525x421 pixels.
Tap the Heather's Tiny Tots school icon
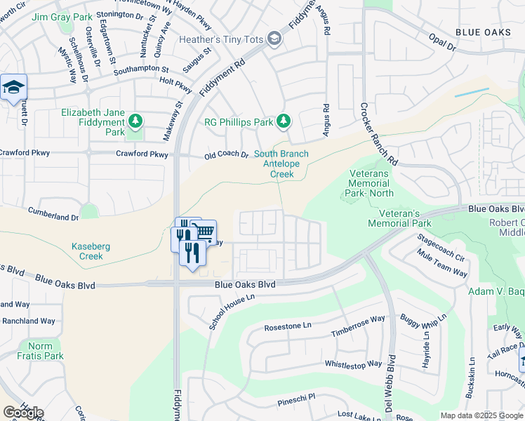274,39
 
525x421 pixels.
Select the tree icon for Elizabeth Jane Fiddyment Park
135,123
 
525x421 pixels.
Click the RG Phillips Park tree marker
284,121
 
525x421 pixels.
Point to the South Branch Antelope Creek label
281,164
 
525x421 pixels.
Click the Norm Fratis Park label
46,351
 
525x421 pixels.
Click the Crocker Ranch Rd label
379,134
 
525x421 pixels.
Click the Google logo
23,413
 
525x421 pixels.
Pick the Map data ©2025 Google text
481,415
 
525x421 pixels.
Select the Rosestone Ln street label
287,327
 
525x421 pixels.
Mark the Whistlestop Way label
353,364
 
